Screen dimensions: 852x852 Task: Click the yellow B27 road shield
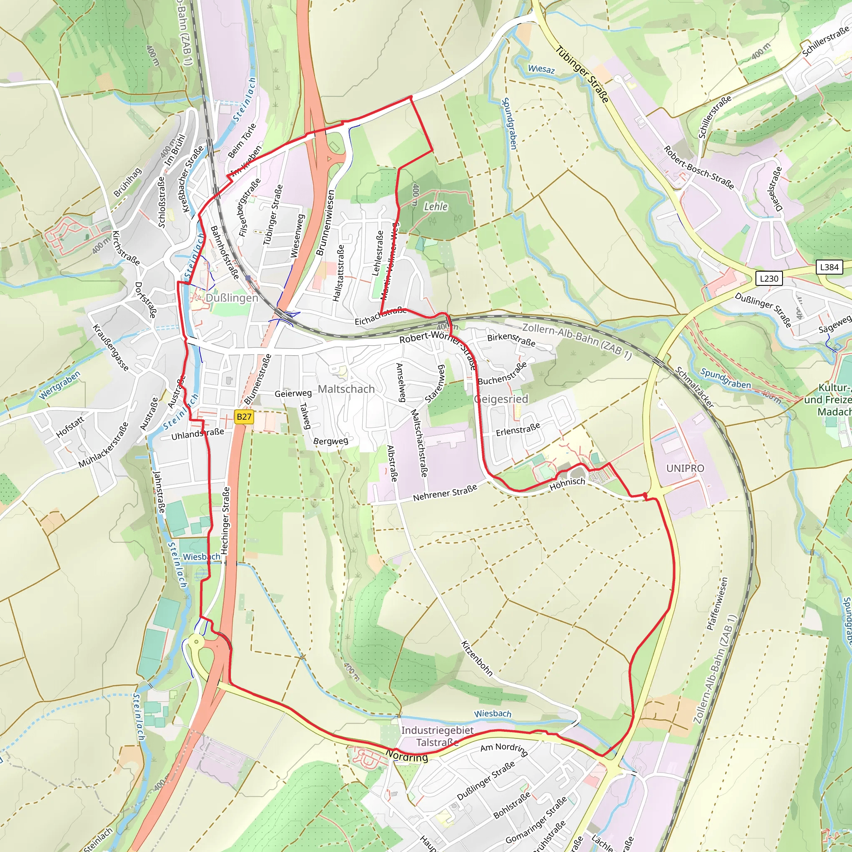(x=243, y=417)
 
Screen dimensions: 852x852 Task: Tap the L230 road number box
(x=769, y=278)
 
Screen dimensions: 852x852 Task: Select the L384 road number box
(x=829, y=267)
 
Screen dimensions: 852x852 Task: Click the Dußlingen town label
(x=232, y=298)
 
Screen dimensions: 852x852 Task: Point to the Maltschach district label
(x=346, y=389)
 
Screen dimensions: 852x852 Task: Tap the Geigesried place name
(x=501, y=399)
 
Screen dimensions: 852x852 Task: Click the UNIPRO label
(x=685, y=468)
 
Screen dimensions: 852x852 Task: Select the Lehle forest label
(x=436, y=206)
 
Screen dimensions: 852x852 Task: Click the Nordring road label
(x=406, y=757)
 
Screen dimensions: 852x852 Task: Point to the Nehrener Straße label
(x=445, y=493)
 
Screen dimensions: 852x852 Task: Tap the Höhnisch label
(x=567, y=483)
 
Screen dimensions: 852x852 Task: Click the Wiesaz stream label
(x=541, y=69)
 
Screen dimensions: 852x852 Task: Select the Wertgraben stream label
(x=59, y=385)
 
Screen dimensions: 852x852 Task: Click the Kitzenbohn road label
(x=477, y=658)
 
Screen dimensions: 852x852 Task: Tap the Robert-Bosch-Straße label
(x=699, y=168)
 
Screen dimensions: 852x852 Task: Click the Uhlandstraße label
(x=198, y=434)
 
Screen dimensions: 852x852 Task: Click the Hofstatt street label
(x=69, y=426)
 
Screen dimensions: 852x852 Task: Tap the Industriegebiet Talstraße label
(x=437, y=736)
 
